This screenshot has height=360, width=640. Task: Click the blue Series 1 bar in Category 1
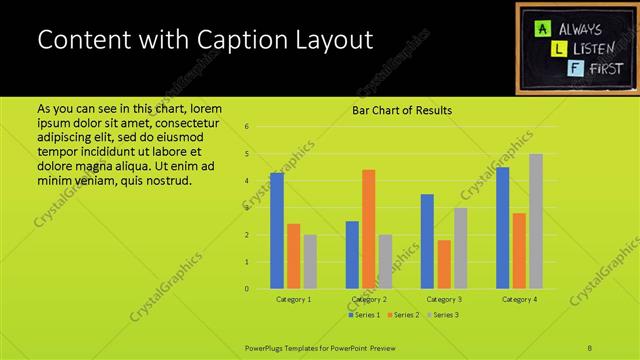277,231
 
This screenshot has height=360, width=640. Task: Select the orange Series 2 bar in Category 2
368,229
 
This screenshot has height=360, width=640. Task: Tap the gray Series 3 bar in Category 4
536,221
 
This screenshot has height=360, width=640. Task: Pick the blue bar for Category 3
427,241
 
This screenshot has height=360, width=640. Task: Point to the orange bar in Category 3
443,264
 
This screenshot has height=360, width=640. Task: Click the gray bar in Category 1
310,262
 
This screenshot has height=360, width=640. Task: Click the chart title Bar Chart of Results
401,110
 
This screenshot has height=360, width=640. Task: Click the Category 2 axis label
368,299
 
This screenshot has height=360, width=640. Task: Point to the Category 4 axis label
519,299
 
